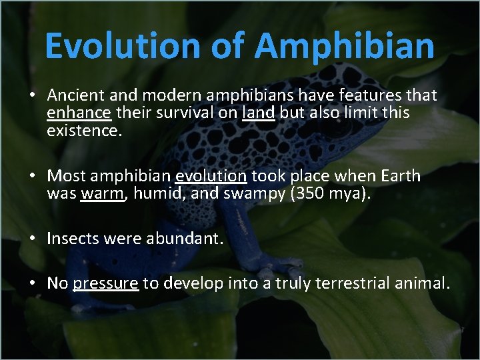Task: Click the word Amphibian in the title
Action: [x=345, y=47]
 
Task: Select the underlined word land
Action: [x=258, y=113]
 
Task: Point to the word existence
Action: [x=84, y=131]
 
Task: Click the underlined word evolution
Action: [x=211, y=176]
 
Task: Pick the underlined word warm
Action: [x=102, y=194]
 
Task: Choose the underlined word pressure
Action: [x=105, y=284]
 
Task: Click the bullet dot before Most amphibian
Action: [x=32, y=177]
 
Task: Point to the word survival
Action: [x=184, y=113]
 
